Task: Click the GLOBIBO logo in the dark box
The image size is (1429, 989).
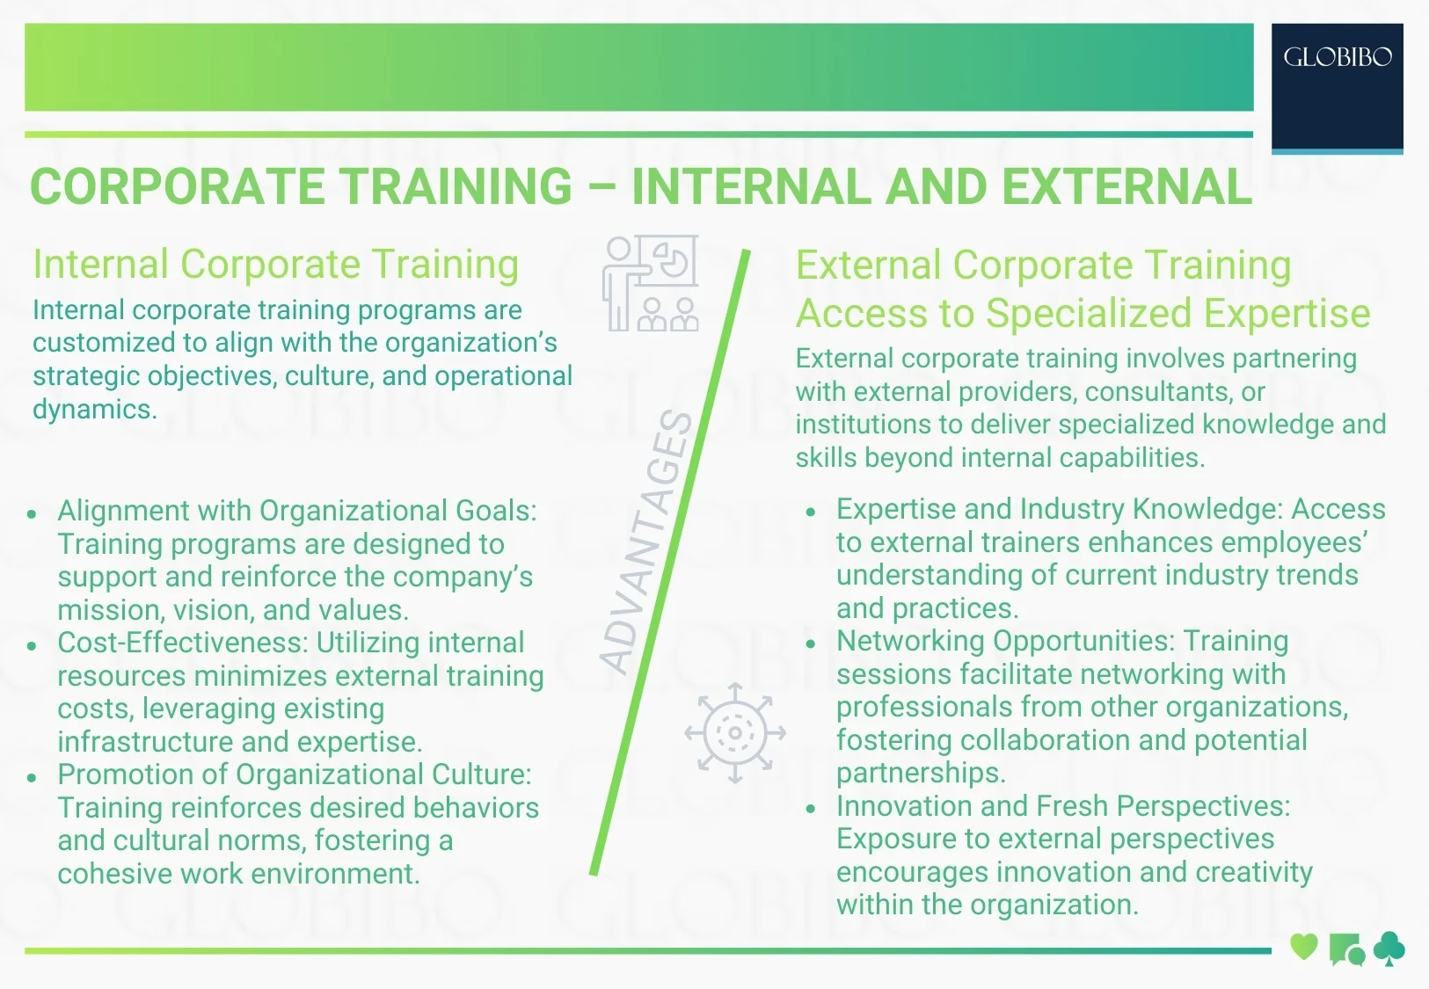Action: click(1337, 58)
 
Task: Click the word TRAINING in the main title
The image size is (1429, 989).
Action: click(456, 186)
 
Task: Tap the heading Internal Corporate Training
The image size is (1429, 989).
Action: click(275, 265)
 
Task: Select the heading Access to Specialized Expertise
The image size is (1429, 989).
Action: click(1083, 314)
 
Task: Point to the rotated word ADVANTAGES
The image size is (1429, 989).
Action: click(647, 542)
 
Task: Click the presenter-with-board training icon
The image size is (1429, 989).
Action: click(651, 283)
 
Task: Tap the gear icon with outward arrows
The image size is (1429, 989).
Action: click(735, 732)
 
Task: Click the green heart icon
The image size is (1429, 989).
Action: click(1303, 948)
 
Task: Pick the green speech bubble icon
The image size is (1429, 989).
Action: click(1346, 949)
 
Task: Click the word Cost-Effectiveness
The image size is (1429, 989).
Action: click(183, 643)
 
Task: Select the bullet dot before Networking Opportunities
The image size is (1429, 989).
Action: click(811, 644)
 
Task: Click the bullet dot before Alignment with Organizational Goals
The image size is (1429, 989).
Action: click(32, 513)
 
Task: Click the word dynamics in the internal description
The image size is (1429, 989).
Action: click(93, 410)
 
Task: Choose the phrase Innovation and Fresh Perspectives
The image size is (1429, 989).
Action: click(1061, 806)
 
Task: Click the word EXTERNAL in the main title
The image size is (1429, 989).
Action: click(1126, 186)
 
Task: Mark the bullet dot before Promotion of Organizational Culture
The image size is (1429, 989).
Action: click(32, 777)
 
